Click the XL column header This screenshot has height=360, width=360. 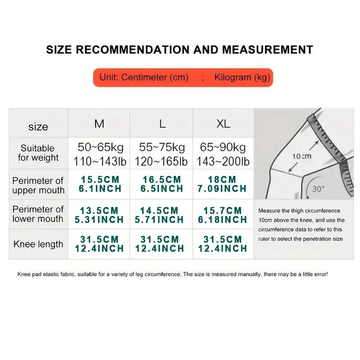pos(223,124)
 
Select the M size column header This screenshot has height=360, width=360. pos(99,124)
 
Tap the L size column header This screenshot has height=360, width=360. pos(162,124)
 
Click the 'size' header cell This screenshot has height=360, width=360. pos(38,127)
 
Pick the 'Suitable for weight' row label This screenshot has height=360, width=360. pos(38,153)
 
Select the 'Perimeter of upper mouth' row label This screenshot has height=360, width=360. pos(38,185)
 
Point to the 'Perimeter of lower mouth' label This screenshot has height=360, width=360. pos(38,214)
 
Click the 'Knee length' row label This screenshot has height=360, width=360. pos(38,244)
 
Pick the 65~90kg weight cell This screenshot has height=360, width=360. pos(223,148)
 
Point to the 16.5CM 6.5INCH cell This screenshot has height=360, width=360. pos(162,184)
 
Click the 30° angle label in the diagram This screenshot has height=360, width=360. pos(318,189)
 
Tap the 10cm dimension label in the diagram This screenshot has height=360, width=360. pos(301,156)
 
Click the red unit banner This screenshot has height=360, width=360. pos(183,77)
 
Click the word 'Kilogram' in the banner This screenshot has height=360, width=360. pos(233,77)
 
